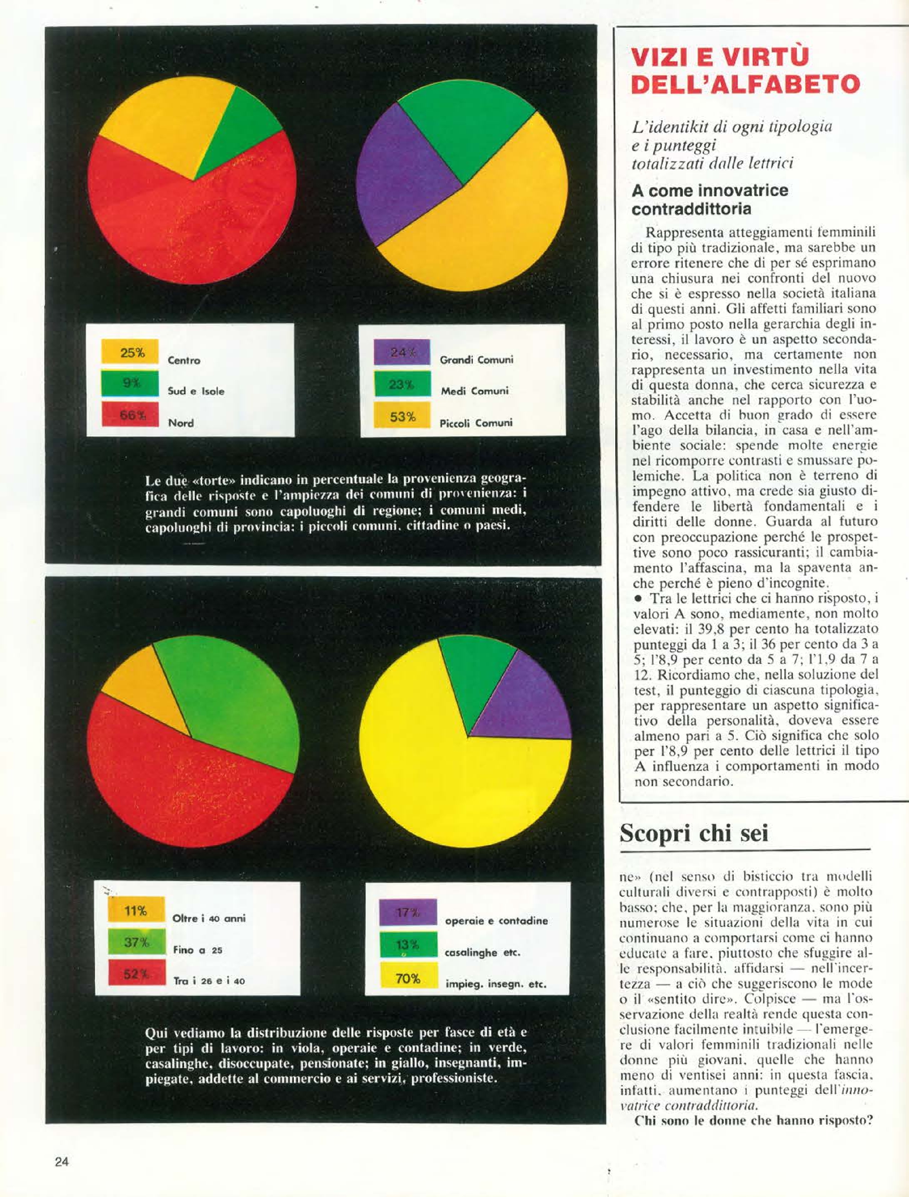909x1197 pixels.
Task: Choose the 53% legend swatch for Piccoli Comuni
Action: [x=402, y=417]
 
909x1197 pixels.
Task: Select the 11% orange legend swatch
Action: [x=136, y=911]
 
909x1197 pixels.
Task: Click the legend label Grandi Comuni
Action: [x=476, y=360]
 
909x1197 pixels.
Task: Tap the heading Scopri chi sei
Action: [x=694, y=833]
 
